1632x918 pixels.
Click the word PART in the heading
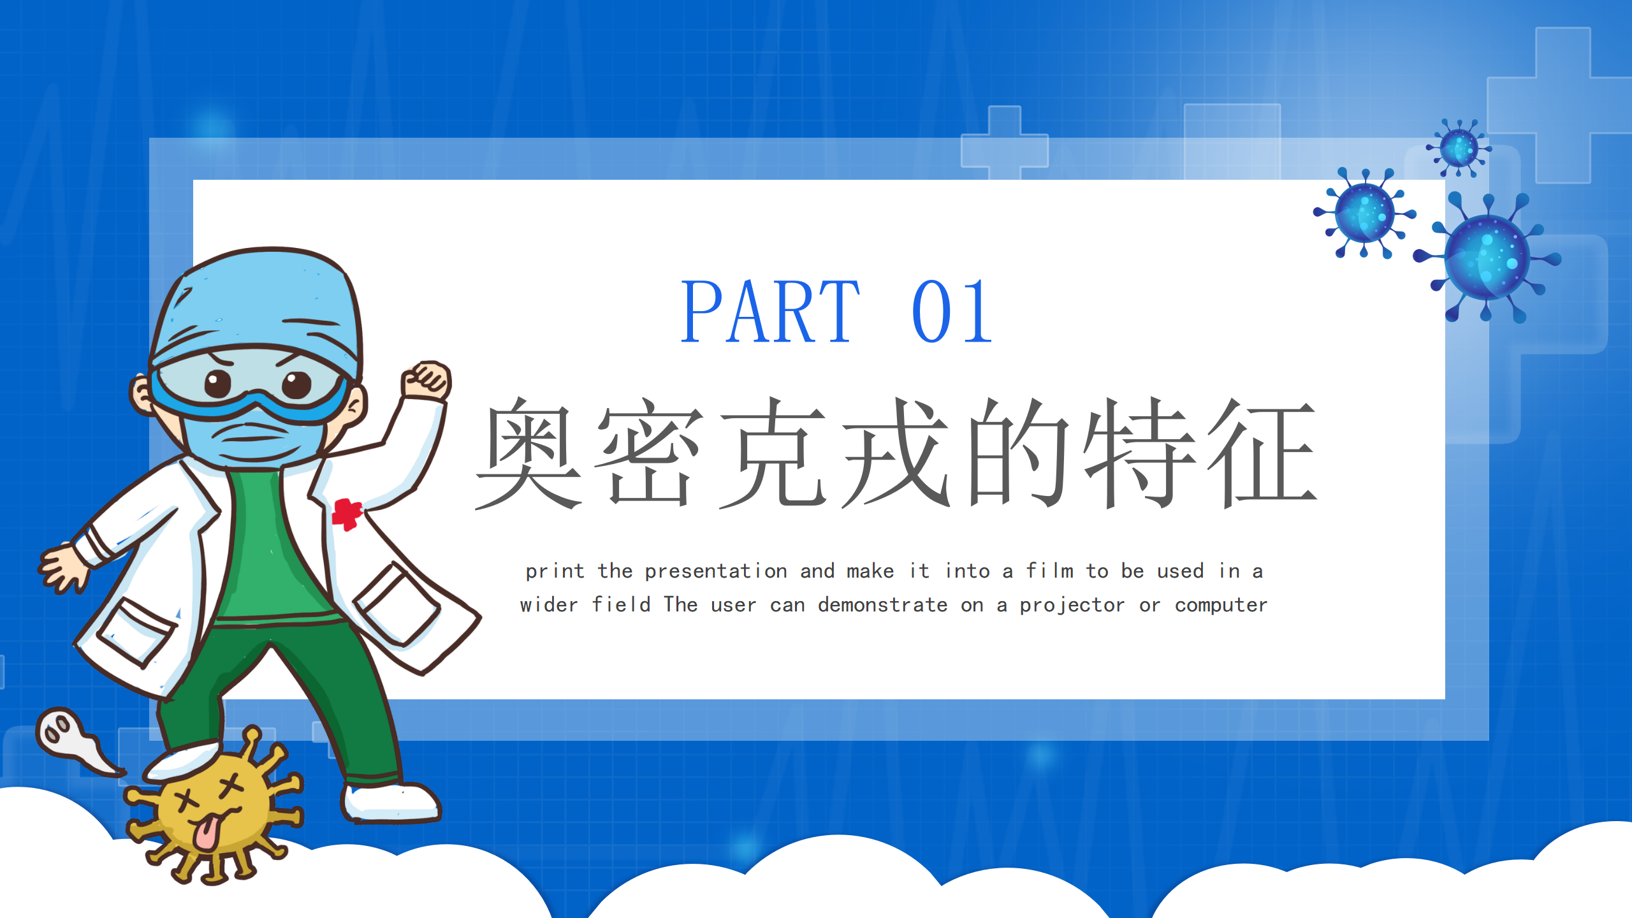771,312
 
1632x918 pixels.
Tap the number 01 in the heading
952,312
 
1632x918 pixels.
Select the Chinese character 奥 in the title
528,453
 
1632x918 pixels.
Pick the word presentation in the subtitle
716,571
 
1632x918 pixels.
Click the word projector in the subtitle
1072,605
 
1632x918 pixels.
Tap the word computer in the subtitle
1221,605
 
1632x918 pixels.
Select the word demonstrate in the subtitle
882,604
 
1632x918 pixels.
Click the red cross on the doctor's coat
346,514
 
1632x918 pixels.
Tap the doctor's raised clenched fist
426,381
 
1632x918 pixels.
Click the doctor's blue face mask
255,434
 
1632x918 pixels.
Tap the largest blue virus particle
1487,258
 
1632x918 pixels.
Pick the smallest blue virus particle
1459,149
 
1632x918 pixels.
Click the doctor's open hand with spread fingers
63,567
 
